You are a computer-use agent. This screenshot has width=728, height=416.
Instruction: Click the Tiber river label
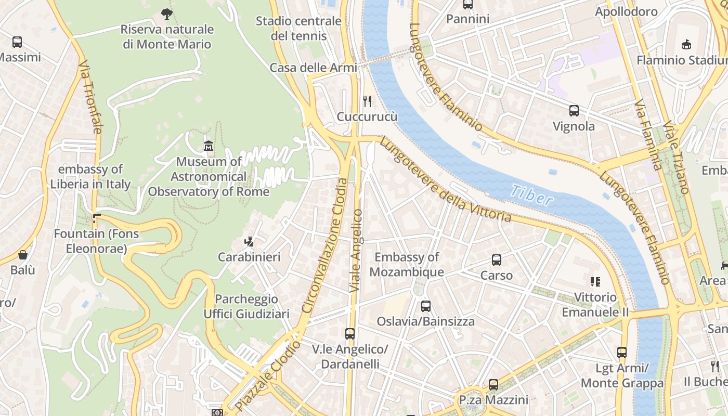531,196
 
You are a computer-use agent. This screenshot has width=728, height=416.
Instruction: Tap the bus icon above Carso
497,259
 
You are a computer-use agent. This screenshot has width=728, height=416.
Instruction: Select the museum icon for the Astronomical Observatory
209,146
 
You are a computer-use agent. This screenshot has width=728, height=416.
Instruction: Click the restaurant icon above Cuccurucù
367,100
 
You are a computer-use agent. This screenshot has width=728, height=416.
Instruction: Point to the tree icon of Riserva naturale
167,14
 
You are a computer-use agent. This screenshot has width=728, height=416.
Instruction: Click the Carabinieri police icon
249,241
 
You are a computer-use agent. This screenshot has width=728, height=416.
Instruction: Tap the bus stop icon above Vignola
574,110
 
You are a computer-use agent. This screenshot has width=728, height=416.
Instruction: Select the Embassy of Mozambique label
407,264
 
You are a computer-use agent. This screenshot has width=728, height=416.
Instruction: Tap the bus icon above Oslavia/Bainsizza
426,306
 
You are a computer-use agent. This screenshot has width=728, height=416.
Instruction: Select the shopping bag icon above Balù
23,255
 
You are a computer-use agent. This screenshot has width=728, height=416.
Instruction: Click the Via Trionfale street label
89,97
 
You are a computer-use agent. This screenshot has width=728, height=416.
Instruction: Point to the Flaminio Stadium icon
686,44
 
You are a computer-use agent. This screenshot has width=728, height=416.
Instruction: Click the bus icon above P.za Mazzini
493,385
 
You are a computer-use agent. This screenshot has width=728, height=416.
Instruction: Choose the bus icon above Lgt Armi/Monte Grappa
622,353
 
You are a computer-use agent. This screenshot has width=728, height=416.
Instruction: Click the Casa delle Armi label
313,68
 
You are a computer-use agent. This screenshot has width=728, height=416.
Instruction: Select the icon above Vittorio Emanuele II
595,282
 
